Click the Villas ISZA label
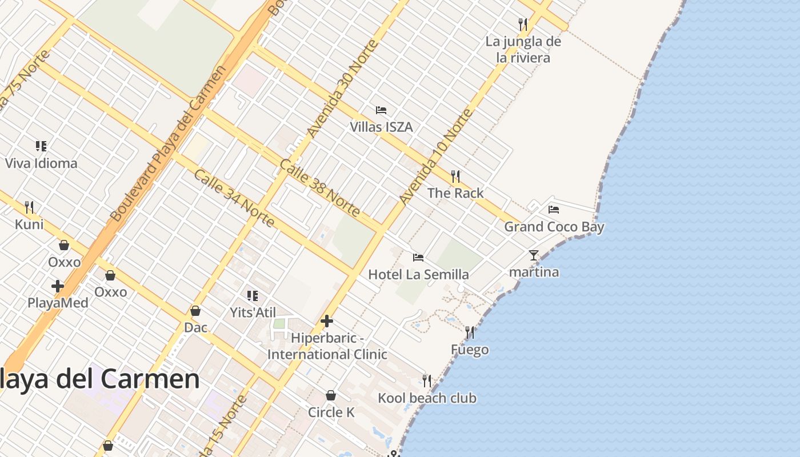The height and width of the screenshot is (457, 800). click(x=381, y=127)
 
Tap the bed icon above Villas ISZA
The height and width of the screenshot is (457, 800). click(x=381, y=110)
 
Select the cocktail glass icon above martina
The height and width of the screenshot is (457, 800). click(x=534, y=255)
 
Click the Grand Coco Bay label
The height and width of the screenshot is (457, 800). click(x=554, y=227)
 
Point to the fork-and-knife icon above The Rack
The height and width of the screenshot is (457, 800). click(x=455, y=176)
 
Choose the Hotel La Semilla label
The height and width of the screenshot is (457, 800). click(x=418, y=275)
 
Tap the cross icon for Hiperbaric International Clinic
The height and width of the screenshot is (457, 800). click(x=327, y=321)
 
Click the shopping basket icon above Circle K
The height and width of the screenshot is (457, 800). click(x=330, y=395)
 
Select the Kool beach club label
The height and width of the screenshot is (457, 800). click(x=427, y=398)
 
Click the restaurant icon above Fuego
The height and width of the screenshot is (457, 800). click(x=470, y=332)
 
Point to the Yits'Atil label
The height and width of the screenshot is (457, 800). click(x=253, y=312)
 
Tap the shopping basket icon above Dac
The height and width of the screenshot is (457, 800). click(x=195, y=311)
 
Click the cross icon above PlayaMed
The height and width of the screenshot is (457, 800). click(x=58, y=286)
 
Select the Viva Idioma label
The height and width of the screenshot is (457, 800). click(x=41, y=163)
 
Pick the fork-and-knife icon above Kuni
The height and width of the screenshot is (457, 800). click(x=29, y=207)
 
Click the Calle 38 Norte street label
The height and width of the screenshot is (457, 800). click(x=320, y=187)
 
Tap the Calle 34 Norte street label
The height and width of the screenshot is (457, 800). click(x=234, y=198)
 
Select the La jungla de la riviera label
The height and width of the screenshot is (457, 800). click(x=523, y=50)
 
